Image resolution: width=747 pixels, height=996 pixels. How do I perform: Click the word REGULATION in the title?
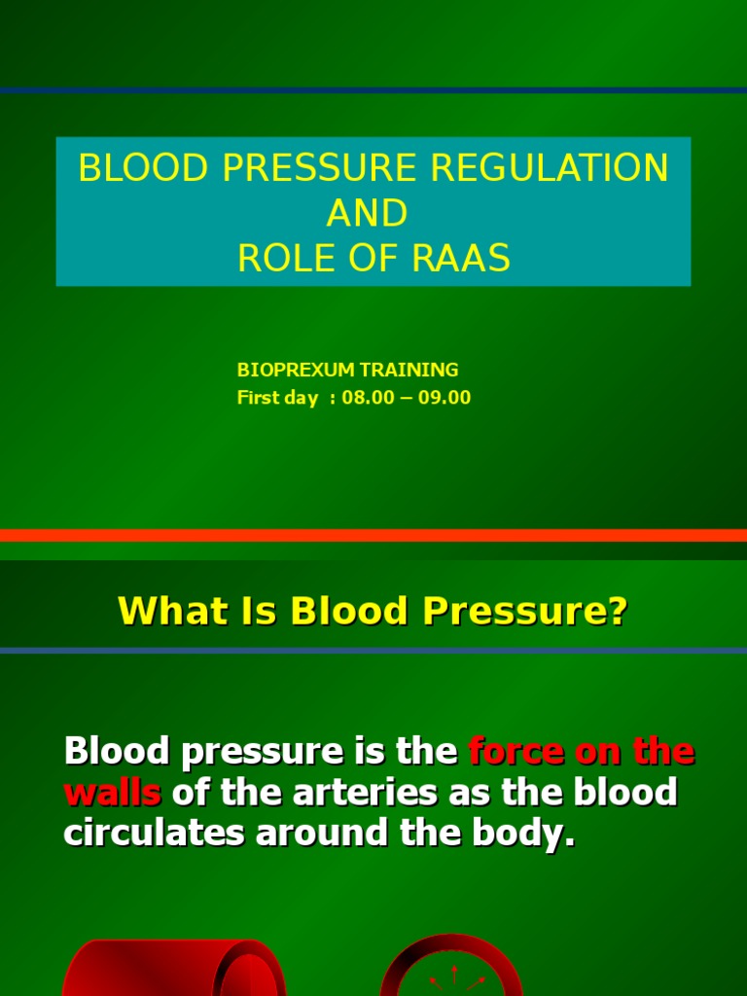550,168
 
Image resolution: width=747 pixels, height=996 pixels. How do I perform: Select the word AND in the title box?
373,213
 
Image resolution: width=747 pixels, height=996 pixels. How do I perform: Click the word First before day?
257,397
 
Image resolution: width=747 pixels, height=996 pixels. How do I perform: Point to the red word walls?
112,792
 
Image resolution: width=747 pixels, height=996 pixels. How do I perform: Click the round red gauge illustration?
450,968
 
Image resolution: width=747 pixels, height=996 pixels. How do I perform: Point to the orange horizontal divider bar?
373,535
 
